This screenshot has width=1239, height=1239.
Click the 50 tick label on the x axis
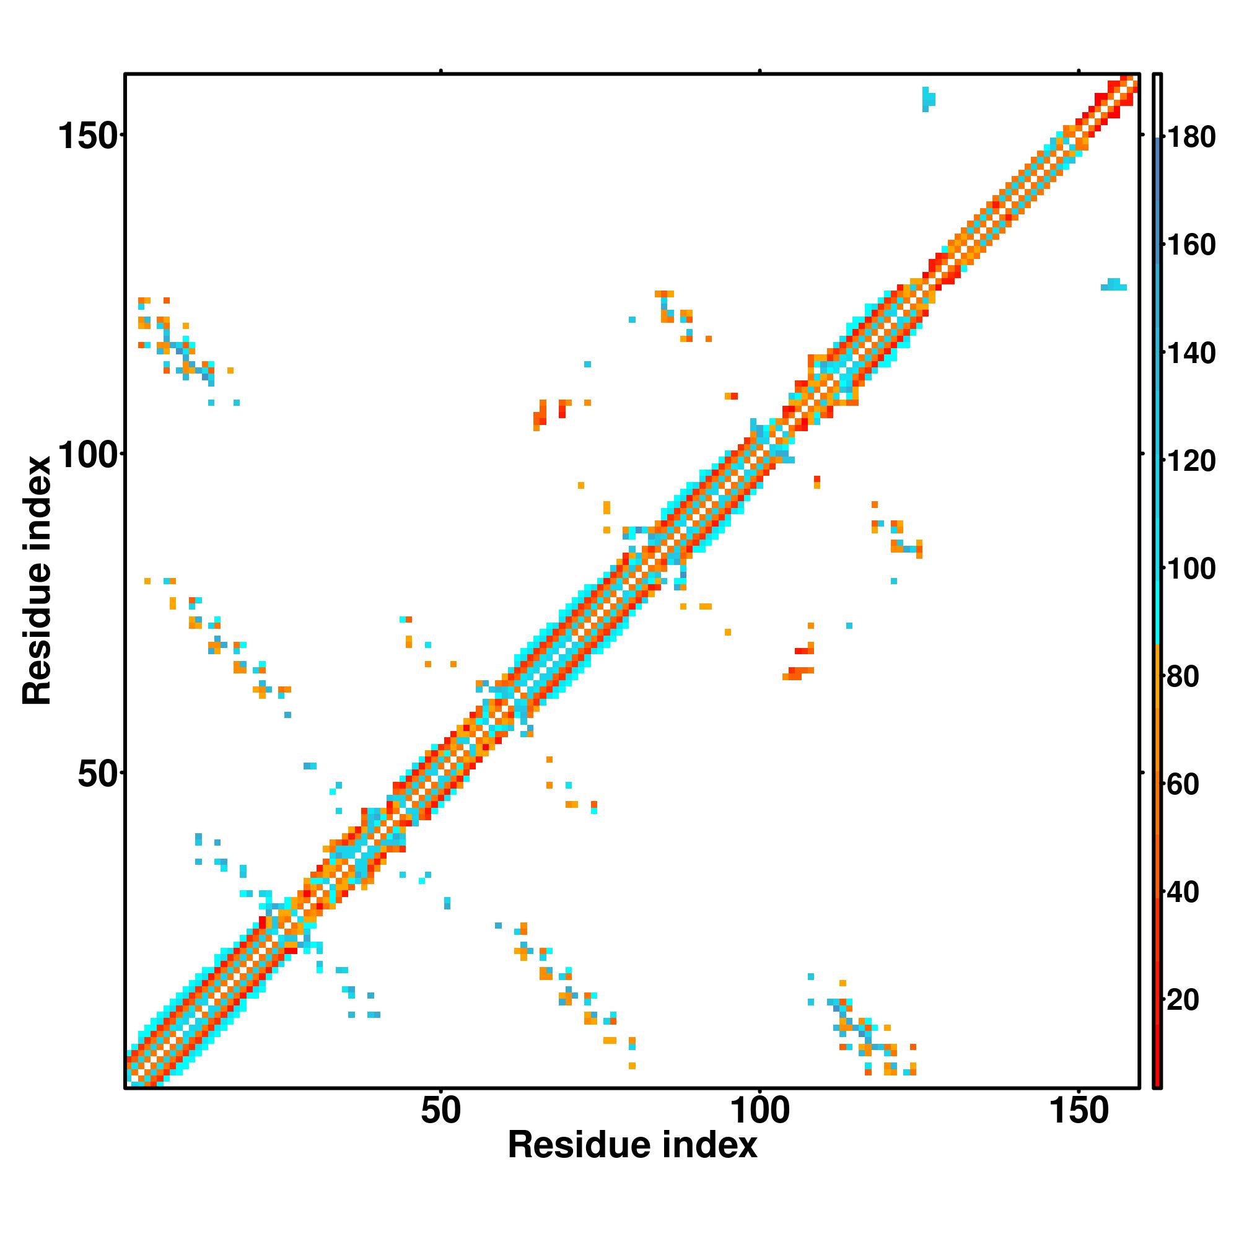tap(440, 1111)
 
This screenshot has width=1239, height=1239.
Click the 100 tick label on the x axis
tap(760, 1111)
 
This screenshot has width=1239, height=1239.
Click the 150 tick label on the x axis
tap(1078, 1111)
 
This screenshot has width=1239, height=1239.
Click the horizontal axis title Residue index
tap(633, 1145)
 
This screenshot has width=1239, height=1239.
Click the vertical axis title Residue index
tap(37, 580)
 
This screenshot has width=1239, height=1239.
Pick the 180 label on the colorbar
tap(1191, 138)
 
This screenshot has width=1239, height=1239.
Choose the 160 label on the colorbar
tap(1191, 245)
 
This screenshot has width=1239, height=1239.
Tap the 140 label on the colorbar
tap(1191, 352)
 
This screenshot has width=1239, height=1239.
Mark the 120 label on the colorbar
tap(1191, 460)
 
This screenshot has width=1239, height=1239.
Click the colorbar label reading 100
tap(1191, 568)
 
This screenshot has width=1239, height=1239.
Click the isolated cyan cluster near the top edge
tap(928, 99)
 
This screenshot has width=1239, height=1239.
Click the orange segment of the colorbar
tap(1158, 737)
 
